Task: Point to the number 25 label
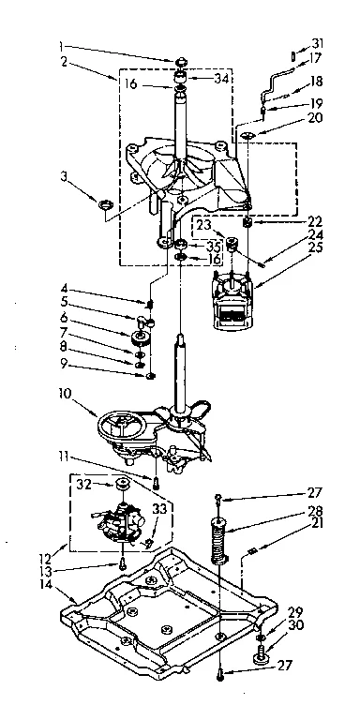[316, 247]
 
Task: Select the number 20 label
[316, 118]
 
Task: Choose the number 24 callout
[316, 234]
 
